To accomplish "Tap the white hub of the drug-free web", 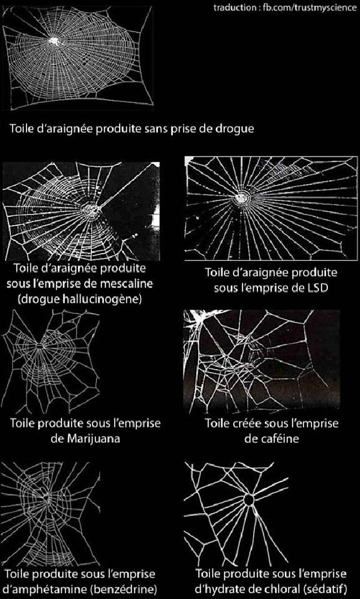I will pyautogui.click(x=54, y=40).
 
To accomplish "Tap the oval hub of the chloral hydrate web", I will pyautogui.click(x=248, y=501).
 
